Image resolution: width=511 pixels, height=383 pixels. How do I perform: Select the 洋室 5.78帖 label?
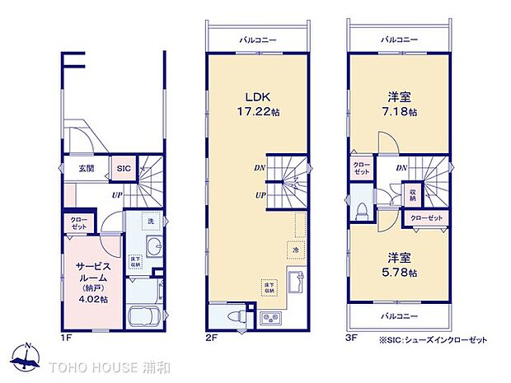(x=401, y=265)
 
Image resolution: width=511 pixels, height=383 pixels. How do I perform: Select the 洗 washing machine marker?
(x=151, y=221)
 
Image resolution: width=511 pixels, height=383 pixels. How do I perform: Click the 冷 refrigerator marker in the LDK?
(x=294, y=249)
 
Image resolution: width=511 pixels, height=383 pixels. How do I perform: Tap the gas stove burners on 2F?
(x=270, y=317)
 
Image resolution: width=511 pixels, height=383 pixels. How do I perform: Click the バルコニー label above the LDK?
(x=257, y=39)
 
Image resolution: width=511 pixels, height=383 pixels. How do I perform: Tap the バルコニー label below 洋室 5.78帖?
(x=400, y=316)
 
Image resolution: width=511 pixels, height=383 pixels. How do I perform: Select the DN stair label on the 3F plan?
(x=401, y=168)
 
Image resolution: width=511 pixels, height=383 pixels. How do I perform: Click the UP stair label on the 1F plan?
(x=119, y=195)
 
